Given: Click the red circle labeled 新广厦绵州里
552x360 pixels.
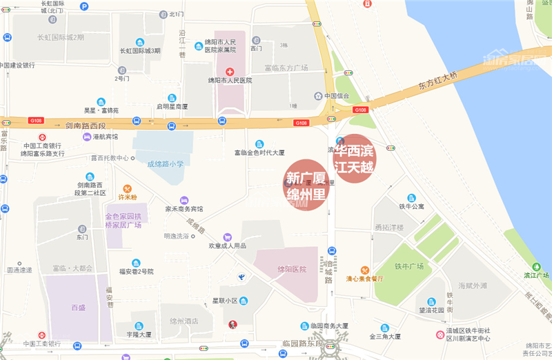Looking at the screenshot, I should pos(306,184).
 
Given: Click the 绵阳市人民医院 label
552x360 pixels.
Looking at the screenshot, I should pos(230,81).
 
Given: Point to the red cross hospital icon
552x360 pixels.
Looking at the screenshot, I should pos(230,71).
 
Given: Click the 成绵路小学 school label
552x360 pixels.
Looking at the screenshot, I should pos(166,164).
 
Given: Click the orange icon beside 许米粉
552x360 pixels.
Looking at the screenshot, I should pos(127,188).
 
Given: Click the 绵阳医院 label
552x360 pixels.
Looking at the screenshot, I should pos(291,269).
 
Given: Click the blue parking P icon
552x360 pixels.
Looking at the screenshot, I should pos(84,6).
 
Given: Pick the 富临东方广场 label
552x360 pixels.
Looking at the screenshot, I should pos(286,68).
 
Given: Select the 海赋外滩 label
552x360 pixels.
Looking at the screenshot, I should pos(473,285).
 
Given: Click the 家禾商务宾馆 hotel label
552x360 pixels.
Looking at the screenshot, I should pos(184,209).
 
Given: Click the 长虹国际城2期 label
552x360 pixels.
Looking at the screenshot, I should pos(61,37).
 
